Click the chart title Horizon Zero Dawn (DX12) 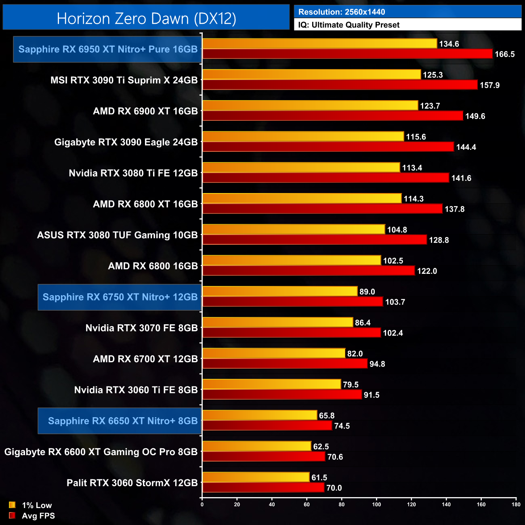pyautogui.click(x=146, y=19)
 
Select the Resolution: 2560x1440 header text pyautogui.click(x=342, y=12)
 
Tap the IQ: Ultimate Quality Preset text pyautogui.click(x=349, y=25)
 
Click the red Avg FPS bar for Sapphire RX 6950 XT pyautogui.click(x=347, y=54)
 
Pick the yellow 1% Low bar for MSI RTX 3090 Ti pyautogui.click(x=311, y=74)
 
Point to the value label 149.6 pyautogui.click(x=475, y=116)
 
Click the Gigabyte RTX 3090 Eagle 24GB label pyautogui.click(x=126, y=142)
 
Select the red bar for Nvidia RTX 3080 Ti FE pyautogui.click(x=325, y=178)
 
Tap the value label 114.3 pyautogui.click(x=414, y=199)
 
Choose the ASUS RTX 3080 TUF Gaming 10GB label pyautogui.click(x=118, y=235)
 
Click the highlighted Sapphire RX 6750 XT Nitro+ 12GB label pyautogui.click(x=120, y=297)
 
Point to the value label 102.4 pyautogui.click(x=393, y=333)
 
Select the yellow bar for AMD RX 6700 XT pyautogui.click(x=274, y=353)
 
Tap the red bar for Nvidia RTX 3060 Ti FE pyautogui.click(x=282, y=395)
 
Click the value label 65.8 pyautogui.click(x=327, y=416)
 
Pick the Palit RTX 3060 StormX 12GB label pyautogui.click(x=132, y=483)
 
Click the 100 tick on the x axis pyautogui.click(x=376, y=504)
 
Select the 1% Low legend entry pyautogui.click(x=31, y=505)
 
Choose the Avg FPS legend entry pyautogui.click(x=32, y=516)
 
